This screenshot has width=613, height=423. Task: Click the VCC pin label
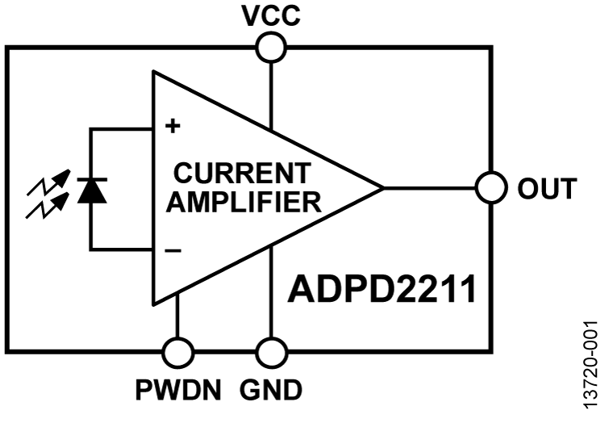(x=270, y=16)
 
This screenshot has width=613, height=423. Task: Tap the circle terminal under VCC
(x=271, y=48)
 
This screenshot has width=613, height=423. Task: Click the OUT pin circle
(x=490, y=188)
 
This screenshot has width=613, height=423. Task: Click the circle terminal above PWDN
(x=177, y=352)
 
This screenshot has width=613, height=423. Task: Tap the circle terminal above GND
(x=271, y=352)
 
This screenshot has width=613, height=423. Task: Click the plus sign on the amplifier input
(x=172, y=127)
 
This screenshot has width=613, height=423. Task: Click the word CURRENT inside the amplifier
(x=241, y=173)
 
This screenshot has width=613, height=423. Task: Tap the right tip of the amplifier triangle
(x=382, y=188)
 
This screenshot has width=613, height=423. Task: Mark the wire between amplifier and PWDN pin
(x=177, y=319)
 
